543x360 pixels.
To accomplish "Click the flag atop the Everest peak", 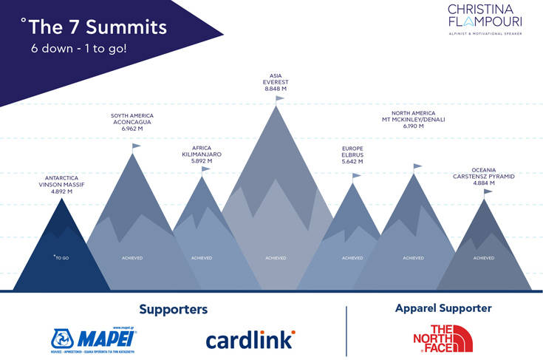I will coord(279,98).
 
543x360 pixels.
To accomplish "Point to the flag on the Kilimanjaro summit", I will coord(205,169).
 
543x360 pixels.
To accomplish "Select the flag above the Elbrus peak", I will coord(356,176).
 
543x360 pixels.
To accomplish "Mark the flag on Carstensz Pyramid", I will coord(487,192).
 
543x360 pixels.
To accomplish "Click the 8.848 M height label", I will coord(276,89).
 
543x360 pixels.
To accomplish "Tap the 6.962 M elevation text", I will coord(131,129).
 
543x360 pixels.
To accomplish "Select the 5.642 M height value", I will coord(352,161).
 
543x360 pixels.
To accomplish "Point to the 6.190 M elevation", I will coord(414,126).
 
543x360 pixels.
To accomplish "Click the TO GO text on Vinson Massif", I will coord(61,257).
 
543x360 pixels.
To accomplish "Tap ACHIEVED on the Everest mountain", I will coord(276,258).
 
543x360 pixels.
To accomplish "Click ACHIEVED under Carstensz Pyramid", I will coord(484,258).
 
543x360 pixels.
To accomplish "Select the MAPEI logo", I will coord(93,339).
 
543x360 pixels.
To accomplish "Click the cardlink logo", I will coord(250,339).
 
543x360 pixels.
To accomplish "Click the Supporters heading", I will coord(173,309).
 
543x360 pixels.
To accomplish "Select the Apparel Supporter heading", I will coord(443,308).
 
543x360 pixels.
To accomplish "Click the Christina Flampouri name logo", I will coord(484,17).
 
